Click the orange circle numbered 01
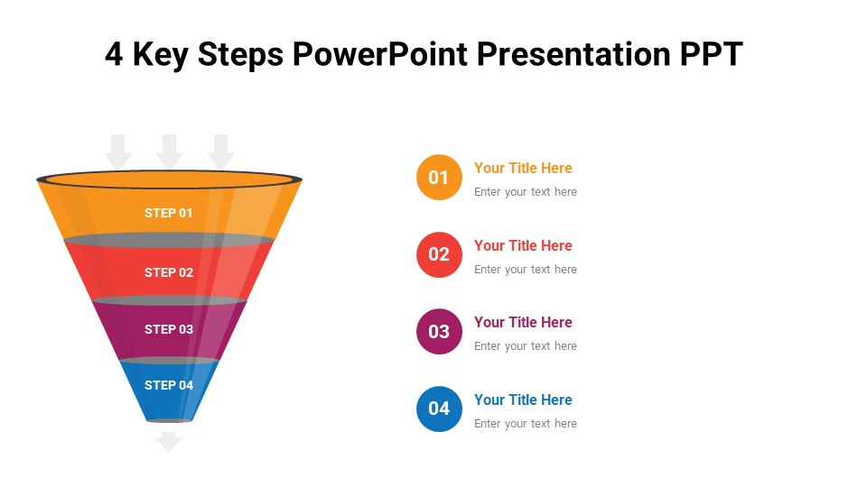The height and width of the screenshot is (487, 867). click(x=439, y=178)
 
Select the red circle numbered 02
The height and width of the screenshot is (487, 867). click(x=439, y=254)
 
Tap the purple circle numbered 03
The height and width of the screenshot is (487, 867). click(x=439, y=331)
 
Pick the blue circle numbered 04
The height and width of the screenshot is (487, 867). click(x=439, y=409)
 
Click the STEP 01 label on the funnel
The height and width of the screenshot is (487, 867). click(x=169, y=213)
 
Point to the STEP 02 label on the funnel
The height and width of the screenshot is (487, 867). click(x=169, y=272)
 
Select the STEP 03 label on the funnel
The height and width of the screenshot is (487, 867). click(x=169, y=330)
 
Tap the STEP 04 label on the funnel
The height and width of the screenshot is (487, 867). click(x=169, y=385)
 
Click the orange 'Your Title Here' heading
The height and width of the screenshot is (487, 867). click(x=523, y=168)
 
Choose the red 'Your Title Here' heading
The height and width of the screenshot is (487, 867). click(x=523, y=245)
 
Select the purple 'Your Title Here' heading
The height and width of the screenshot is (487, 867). click(x=523, y=322)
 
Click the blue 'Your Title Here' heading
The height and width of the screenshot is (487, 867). click(x=523, y=400)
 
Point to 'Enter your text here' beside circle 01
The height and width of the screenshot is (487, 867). click(x=526, y=191)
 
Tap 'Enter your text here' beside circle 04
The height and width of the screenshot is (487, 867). click(x=526, y=424)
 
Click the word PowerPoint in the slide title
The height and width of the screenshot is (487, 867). click(x=380, y=54)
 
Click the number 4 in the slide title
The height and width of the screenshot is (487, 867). click(x=114, y=54)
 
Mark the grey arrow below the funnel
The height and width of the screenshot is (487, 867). click(x=169, y=442)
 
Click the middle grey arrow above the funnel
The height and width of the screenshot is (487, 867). click(x=169, y=152)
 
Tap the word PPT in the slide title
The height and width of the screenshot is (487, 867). click(x=711, y=54)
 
